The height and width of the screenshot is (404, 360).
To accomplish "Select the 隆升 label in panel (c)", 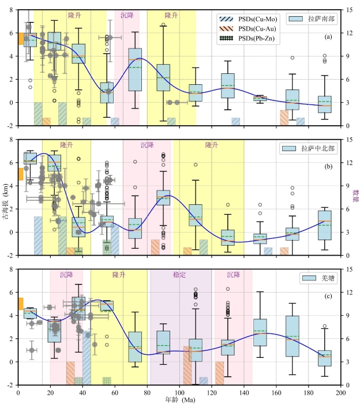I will (120, 275).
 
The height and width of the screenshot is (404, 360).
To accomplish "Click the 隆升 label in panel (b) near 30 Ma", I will (67, 145).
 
